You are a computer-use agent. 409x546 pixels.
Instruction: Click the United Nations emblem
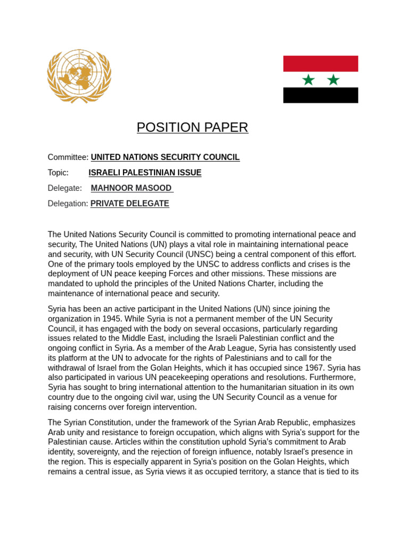[x=79, y=76]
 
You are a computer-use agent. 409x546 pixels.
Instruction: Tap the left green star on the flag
[x=308, y=80]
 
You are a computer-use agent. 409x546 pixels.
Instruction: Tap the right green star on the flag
[x=333, y=80]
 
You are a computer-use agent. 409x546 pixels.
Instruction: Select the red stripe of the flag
[x=321, y=63]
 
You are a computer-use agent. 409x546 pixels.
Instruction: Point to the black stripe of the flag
[x=321, y=95]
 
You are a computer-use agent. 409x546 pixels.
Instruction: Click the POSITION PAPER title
[x=192, y=127]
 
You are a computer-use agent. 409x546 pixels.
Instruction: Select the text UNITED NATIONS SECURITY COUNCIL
[x=165, y=157]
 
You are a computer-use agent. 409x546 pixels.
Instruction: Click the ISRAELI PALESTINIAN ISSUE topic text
[x=145, y=173]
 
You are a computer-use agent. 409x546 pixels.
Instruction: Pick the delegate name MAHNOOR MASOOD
[x=132, y=188]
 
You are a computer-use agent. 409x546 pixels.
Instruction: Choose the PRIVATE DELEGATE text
[x=130, y=204]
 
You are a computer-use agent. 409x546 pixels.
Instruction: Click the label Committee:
[x=68, y=157]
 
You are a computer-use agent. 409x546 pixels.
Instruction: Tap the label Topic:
[x=58, y=173]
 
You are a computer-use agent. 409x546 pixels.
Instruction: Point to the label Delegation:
[x=68, y=204]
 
